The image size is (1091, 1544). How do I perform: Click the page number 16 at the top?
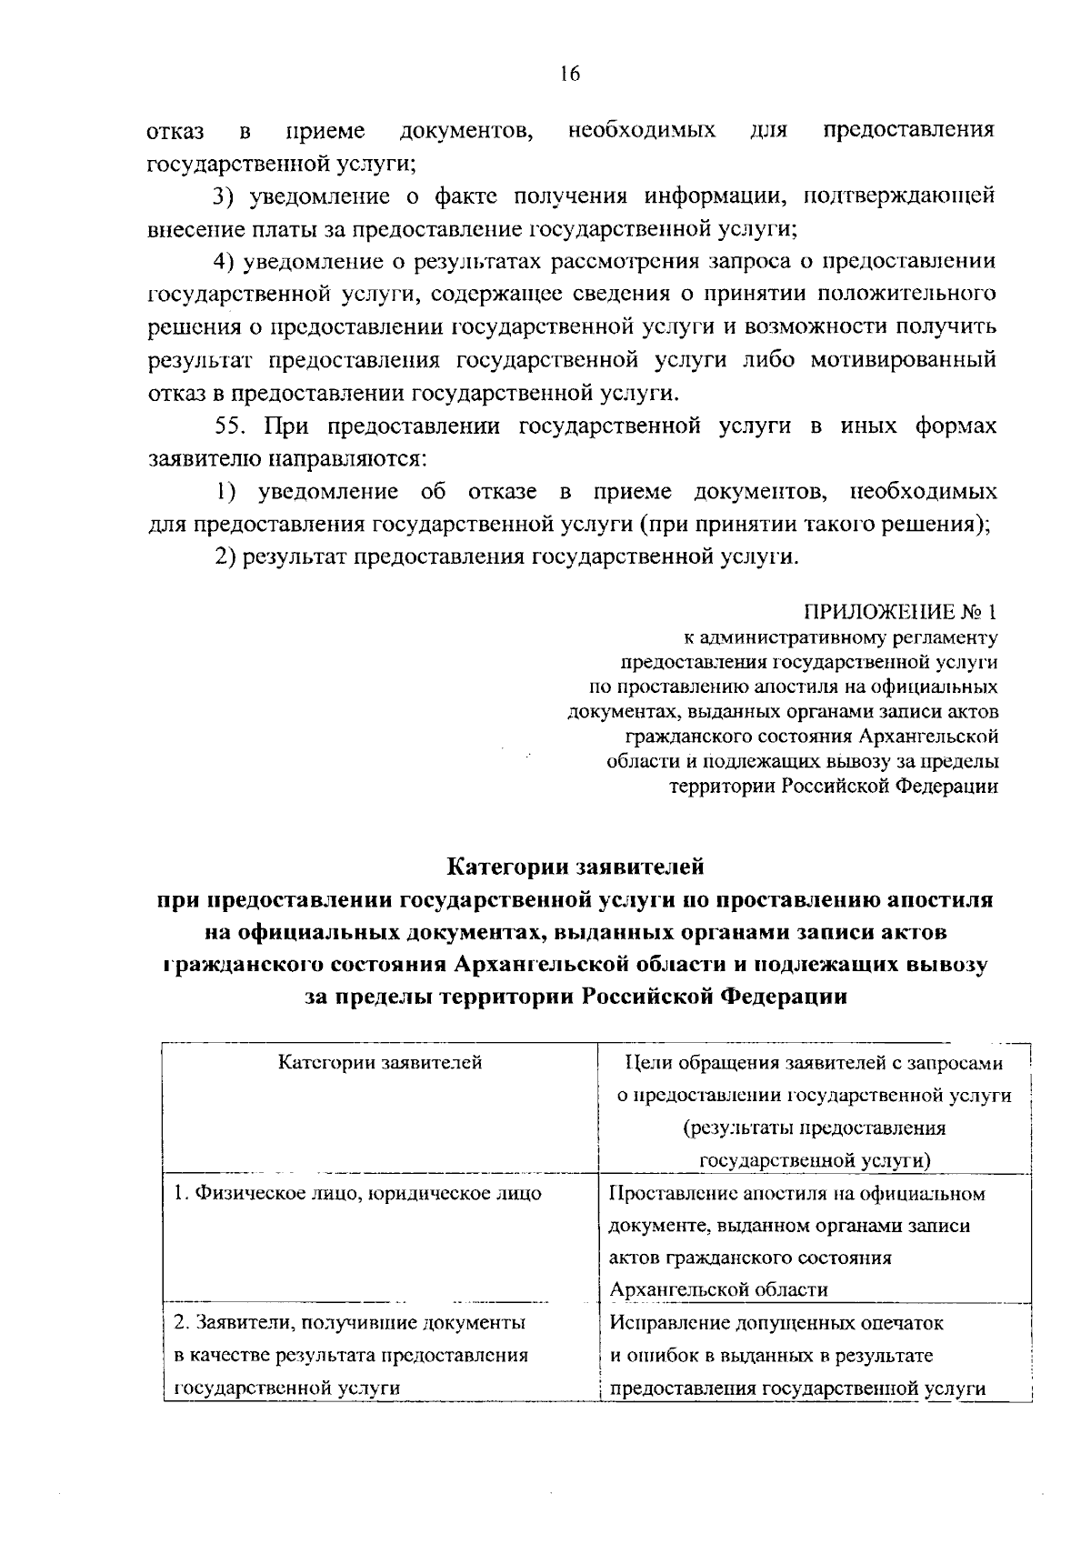[570, 75]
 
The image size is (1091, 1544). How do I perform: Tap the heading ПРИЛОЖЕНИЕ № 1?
[900, 610]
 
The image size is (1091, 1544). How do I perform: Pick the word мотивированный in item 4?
[912, 360]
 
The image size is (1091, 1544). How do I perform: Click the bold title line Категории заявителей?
[576, 866]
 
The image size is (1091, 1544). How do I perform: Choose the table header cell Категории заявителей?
[380, 1062]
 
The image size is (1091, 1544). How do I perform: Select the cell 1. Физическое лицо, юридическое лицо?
[358, 1193]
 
